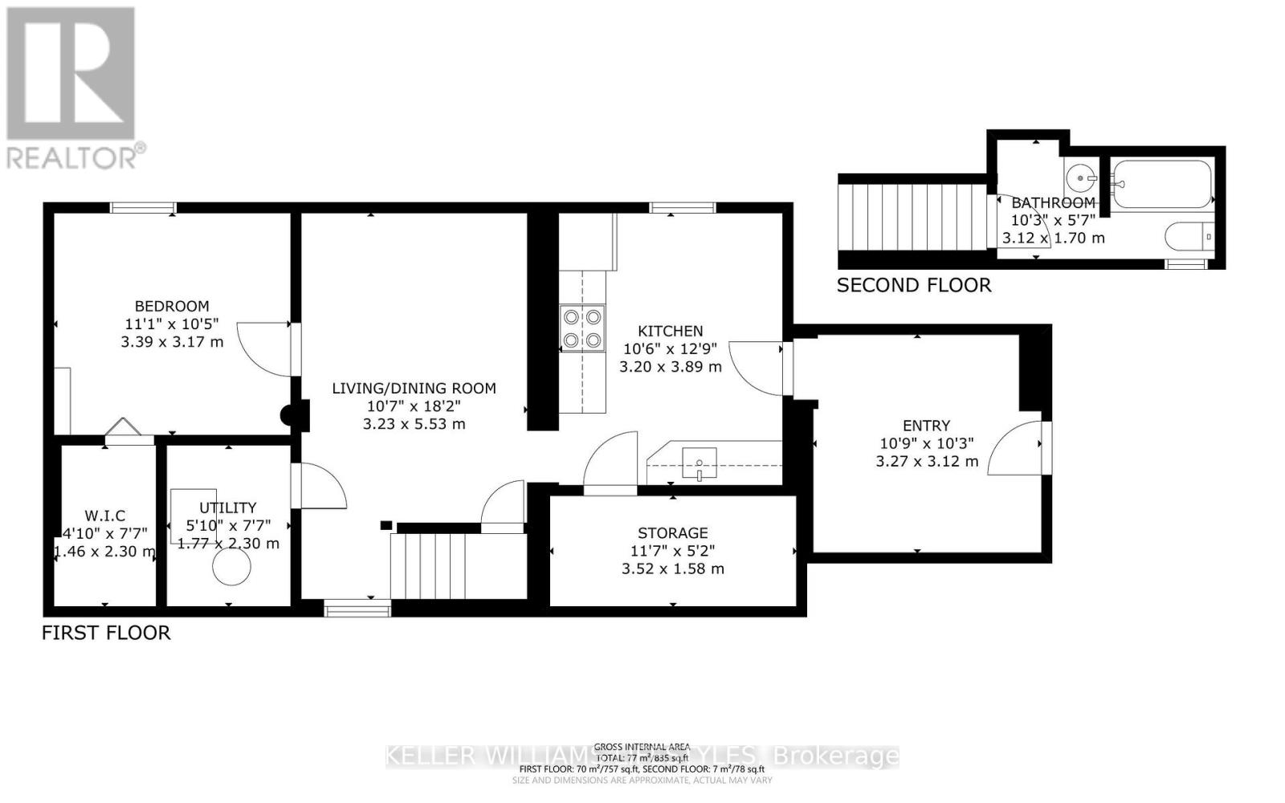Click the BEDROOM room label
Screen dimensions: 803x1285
[172, 306]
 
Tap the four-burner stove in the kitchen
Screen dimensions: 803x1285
[582, 328]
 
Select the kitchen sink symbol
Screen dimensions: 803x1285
[700, 463]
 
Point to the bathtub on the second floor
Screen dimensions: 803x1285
[1162, 184]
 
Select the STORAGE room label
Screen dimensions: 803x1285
[673, 533]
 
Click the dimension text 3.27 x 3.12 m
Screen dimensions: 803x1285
[927, 461]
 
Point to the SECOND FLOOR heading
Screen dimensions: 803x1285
[914, 285]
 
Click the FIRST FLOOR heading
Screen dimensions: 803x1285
[106, 633]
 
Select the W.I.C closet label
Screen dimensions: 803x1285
[105, 516]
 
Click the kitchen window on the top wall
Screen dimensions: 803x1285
[682, 208]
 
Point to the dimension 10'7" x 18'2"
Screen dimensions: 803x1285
[414, 406]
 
